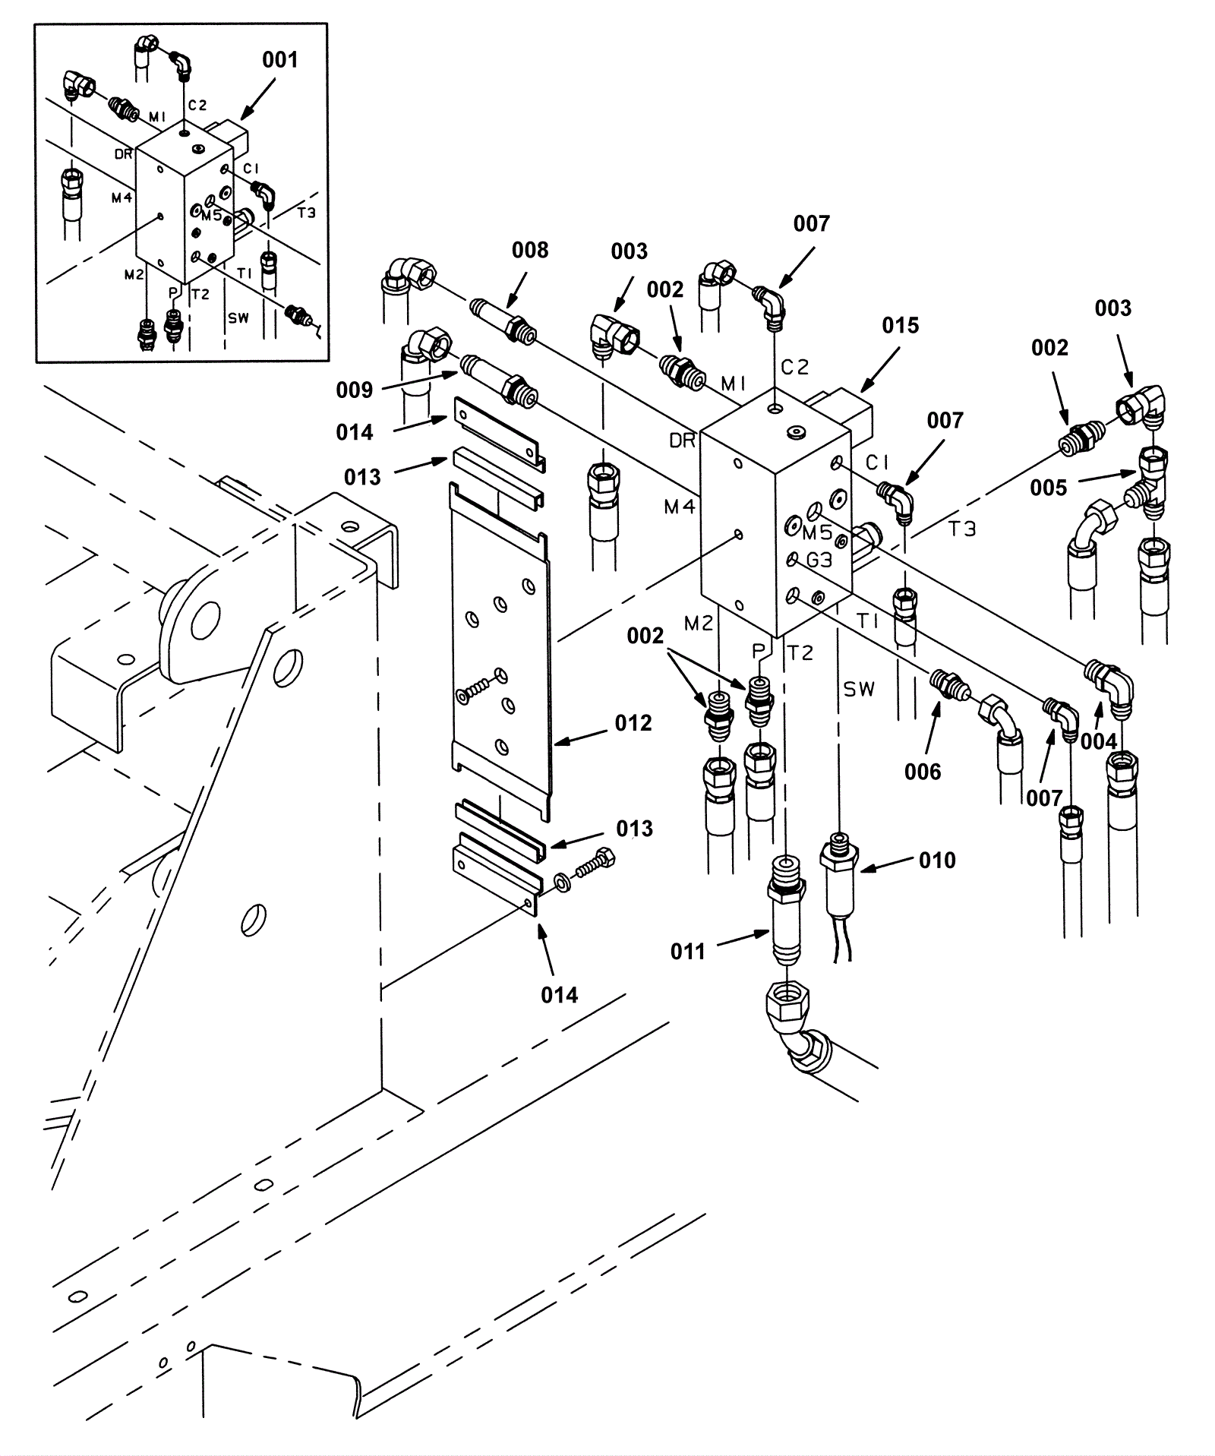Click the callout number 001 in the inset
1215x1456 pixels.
pyautogui.click(x=280, y=60)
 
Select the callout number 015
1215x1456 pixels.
pyautogui.click(x=901, y=326)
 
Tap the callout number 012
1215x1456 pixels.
pyautogui.click(x=633, y=723)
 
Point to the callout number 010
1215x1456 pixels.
pyautogui.click(x=937, y=861)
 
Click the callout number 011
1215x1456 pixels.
pyautogui.click(x=688, y=952)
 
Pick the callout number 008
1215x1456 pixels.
pyautogui.click(x=530, y=250)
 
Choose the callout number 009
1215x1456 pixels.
pyautogui.click(x=355, y=390)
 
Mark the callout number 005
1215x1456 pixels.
pyautogui.click(x=1049, y=488)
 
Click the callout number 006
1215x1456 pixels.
pyautogui.click(x=923, y=772)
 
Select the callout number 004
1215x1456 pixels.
pyautogui.click(x=1099, y=741)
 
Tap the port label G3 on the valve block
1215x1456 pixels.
pyautogui.click(x=819, y=561)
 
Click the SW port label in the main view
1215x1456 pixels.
pyautogui.click(x=859, y=690)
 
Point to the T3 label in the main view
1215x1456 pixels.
pyautogui.click(x=962, y=529)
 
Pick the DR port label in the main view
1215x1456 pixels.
pyautogui.click(x=683, y=441)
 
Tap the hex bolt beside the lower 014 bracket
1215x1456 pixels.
pyautogui.click(x=595, y=864)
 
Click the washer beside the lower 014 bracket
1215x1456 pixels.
pyautogui.click(x=562, y=882)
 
